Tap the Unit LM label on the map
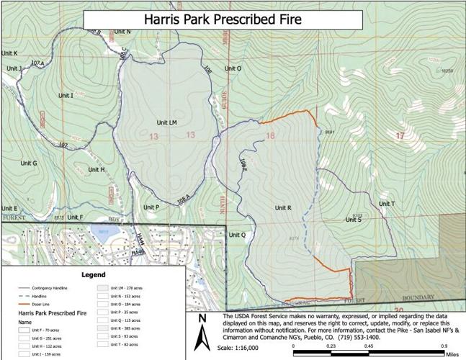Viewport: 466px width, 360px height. click(x=166, y=123)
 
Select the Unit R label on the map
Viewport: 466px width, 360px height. click(x=282, y=207)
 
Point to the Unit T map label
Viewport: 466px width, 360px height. click(x=387, y=204)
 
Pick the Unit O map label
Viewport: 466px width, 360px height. click(x=233, y=68)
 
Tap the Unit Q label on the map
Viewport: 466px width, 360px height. click(x=237, y=235)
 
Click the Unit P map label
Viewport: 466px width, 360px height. click(x=151, y=207)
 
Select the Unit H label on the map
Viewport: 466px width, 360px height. click(x=97, y=169)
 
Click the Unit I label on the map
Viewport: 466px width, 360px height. click(x=66, y=95)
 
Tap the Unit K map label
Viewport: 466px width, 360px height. click(x=10, y=53)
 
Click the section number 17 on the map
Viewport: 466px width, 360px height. click(x=400, y=135)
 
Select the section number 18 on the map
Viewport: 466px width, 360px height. click(x=271, y=135)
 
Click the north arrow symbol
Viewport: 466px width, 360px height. click(x=205, y=325)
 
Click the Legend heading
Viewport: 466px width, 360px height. click(x=93, y=274)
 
